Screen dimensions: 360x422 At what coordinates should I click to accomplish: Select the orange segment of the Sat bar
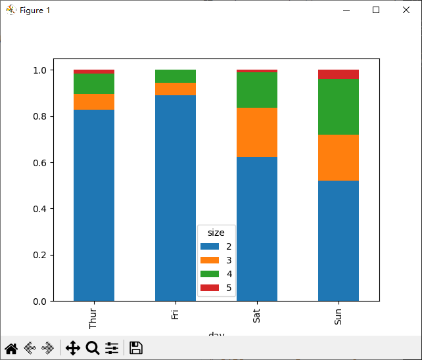tap(257, 132)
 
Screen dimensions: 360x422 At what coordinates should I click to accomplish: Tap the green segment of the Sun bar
tap(339, 106)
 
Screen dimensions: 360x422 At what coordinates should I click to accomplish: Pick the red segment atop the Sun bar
tap(339, 74)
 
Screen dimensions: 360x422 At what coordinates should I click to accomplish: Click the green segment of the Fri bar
tap(176, 76)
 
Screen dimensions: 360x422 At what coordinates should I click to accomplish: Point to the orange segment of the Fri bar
tap(176, 89)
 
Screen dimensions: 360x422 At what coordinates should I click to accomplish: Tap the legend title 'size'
tap(217, 232)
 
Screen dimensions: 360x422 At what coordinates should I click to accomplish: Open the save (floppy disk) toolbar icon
tap(135, 348)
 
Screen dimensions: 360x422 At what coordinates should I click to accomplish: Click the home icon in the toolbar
tap(11, 348)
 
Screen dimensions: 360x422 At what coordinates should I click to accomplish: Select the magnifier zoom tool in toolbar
tap(93, 348)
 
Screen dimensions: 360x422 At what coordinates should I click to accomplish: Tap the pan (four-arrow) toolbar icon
tap(72, 348)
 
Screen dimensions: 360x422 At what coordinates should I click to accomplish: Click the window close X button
tap(406, 10)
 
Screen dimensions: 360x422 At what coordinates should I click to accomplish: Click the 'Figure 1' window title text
tap(35, 11)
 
